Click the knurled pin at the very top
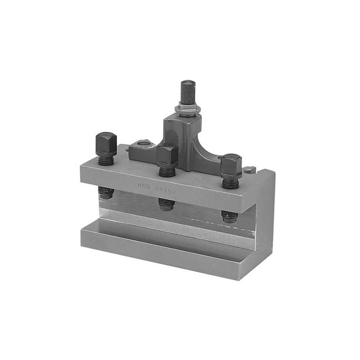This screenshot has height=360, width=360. [x=188, y=91]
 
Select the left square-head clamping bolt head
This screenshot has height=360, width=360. [x=106, y=143]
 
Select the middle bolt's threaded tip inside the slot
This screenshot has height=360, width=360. [x=167, y=204]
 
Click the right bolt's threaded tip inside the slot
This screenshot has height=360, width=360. [x=229, y=216]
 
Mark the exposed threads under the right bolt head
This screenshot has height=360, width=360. [x=230, y=183]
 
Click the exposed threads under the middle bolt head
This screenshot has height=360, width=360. [x=167, y=171]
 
